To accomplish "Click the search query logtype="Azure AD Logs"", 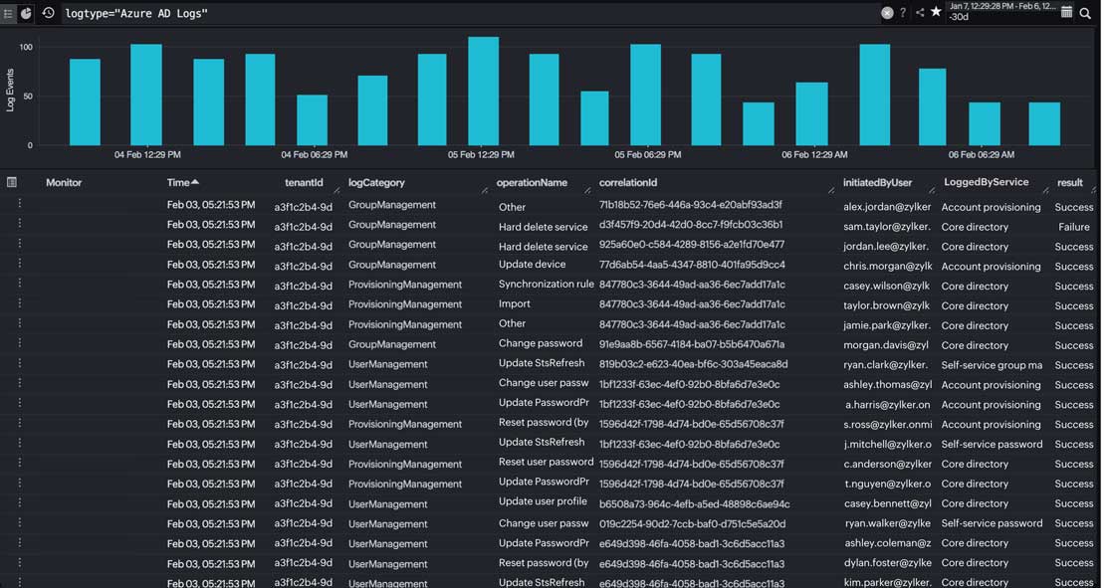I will point(136,13).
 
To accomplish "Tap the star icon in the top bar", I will point(936,12).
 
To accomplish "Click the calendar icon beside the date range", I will point(1066,12).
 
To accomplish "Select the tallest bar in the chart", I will point(483,92).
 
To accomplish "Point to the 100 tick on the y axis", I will point(26,48).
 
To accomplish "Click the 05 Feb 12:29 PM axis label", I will point(481,155).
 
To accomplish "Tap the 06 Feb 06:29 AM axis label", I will point(982,155).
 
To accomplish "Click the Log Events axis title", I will point(11,90).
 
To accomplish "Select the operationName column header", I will point(532,183).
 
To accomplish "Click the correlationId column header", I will point(628,183).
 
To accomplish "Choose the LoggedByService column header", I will point(986,183).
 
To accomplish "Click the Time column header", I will point(178,183).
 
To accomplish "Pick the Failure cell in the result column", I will point(1074,227).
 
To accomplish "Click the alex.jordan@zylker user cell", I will point(886,207).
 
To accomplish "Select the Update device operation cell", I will point(532,265).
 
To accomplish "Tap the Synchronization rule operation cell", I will point(546,285).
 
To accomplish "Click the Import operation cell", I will point(515,304).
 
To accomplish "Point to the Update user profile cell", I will point(543,502).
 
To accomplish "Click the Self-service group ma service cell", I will point(992,365).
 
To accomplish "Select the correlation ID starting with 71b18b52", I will point(690,205).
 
